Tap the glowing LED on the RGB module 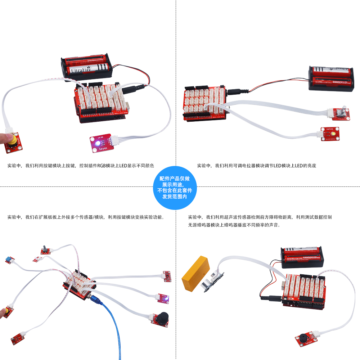(x=96, y=143)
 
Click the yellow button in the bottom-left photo (x=6, y=310)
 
